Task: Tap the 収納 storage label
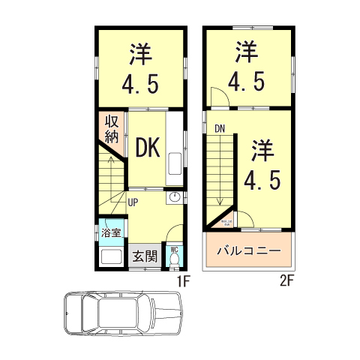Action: [112, 129]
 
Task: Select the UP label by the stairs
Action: [132, 201]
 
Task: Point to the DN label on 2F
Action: [220, 128]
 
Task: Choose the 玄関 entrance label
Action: [145, 255]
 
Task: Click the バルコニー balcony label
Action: [249, 250]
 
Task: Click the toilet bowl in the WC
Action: [174, 259]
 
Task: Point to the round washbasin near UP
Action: [174, 197]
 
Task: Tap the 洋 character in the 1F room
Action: [140, 54]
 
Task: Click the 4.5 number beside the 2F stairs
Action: [262, 179]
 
